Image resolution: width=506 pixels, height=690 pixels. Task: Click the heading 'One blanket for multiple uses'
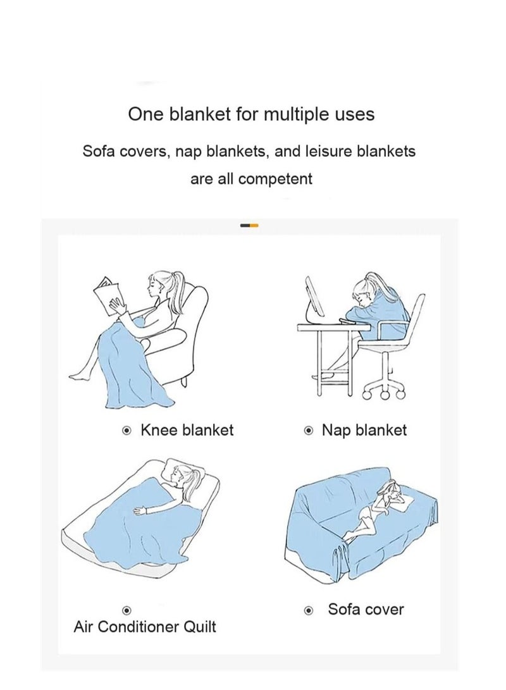[251, 114]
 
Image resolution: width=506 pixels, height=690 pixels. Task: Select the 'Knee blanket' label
[187, 431]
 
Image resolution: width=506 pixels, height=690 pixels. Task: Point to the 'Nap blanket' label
[364, 431]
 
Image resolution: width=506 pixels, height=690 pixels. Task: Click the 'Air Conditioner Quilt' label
[145, 627]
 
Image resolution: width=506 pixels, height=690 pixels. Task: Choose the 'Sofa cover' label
[365, 610]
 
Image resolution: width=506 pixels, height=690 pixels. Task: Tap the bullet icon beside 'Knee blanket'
[126, 431]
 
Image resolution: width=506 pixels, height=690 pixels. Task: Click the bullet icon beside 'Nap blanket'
[309, 431]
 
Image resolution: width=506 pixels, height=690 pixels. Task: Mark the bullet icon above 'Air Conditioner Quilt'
[126, 610]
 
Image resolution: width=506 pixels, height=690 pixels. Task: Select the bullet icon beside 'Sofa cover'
[309, 611]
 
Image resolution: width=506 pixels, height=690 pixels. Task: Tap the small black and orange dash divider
[249, 225]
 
